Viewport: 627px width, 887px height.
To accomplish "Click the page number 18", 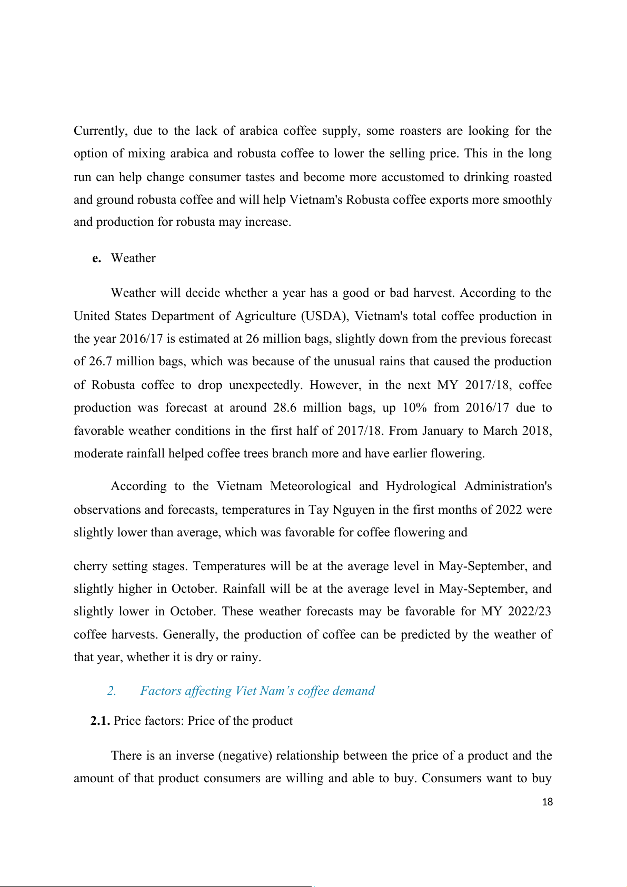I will [548, 802].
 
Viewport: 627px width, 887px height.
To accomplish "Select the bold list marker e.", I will [96, 258].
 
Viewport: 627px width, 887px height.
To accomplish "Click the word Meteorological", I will [310, 486].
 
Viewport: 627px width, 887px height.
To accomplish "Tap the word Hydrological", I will [421, 486].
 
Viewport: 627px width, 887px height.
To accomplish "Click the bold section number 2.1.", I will [100, 721].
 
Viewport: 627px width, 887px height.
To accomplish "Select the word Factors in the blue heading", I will [161, 691].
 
